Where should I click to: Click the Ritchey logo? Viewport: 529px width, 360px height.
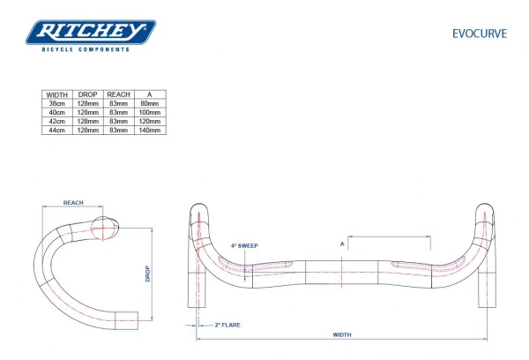pyautogui.click(x=91, y=34)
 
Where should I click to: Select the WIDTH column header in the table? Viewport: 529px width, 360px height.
pyautogui.click(x=56, y=93)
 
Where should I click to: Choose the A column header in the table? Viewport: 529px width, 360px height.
pyautogui.click(x=149, y=93)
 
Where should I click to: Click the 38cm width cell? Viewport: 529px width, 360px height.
pyautogui.click(x=56, y=102)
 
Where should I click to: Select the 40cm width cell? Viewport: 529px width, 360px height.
pyautogui.click(x=56, y=112)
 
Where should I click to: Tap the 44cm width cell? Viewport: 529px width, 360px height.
pyautogui.click(x=56, y=131)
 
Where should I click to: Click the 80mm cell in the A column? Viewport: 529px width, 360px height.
pyautogui.click(x=149, y=102)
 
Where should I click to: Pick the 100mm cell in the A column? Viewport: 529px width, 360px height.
pyautogui.click(x=149, y=112)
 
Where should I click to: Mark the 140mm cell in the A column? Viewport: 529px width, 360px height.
pyautogui.click(x=149, y=131)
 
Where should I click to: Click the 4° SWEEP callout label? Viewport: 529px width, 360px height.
pyautogui.click(x=244, y=246)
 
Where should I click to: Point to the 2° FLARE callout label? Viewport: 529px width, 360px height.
pyautogui.click(x=227, y=325)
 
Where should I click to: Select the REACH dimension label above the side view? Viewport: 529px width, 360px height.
pyautogui.click(x=74, y=203)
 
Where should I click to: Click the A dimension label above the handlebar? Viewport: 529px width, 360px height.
pyautogui.click(x=341, y=243)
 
